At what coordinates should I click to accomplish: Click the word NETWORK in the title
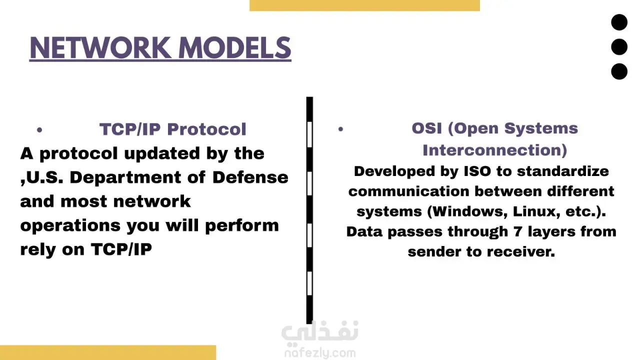click(x=100, y=47)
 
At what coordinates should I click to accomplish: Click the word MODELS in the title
click(x=235, y=47)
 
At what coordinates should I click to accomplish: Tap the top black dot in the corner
click(x=619, y=22)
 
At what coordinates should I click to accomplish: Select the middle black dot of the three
click(x=619, y=47)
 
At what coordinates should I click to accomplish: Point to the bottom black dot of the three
click(x=619, y=71)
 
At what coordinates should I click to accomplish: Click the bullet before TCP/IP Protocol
click(x=39, y=130)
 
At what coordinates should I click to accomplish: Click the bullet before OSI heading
click(x=340, y=129)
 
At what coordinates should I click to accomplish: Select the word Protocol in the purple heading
click(x=206, y=129)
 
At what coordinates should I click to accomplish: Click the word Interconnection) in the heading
click(x=495, y=150)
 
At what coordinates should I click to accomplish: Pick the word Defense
click(x=250, y=177)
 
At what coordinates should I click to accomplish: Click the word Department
click(x=125, y=178)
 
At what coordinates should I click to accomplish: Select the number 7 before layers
click(x=517, y=231)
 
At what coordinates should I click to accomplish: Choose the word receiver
click(x=521, y=251)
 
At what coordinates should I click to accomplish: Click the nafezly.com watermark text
click(x=320, y=353)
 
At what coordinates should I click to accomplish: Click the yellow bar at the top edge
click(x=364, y=5)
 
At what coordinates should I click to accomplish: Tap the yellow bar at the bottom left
click(x=108, y=352)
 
